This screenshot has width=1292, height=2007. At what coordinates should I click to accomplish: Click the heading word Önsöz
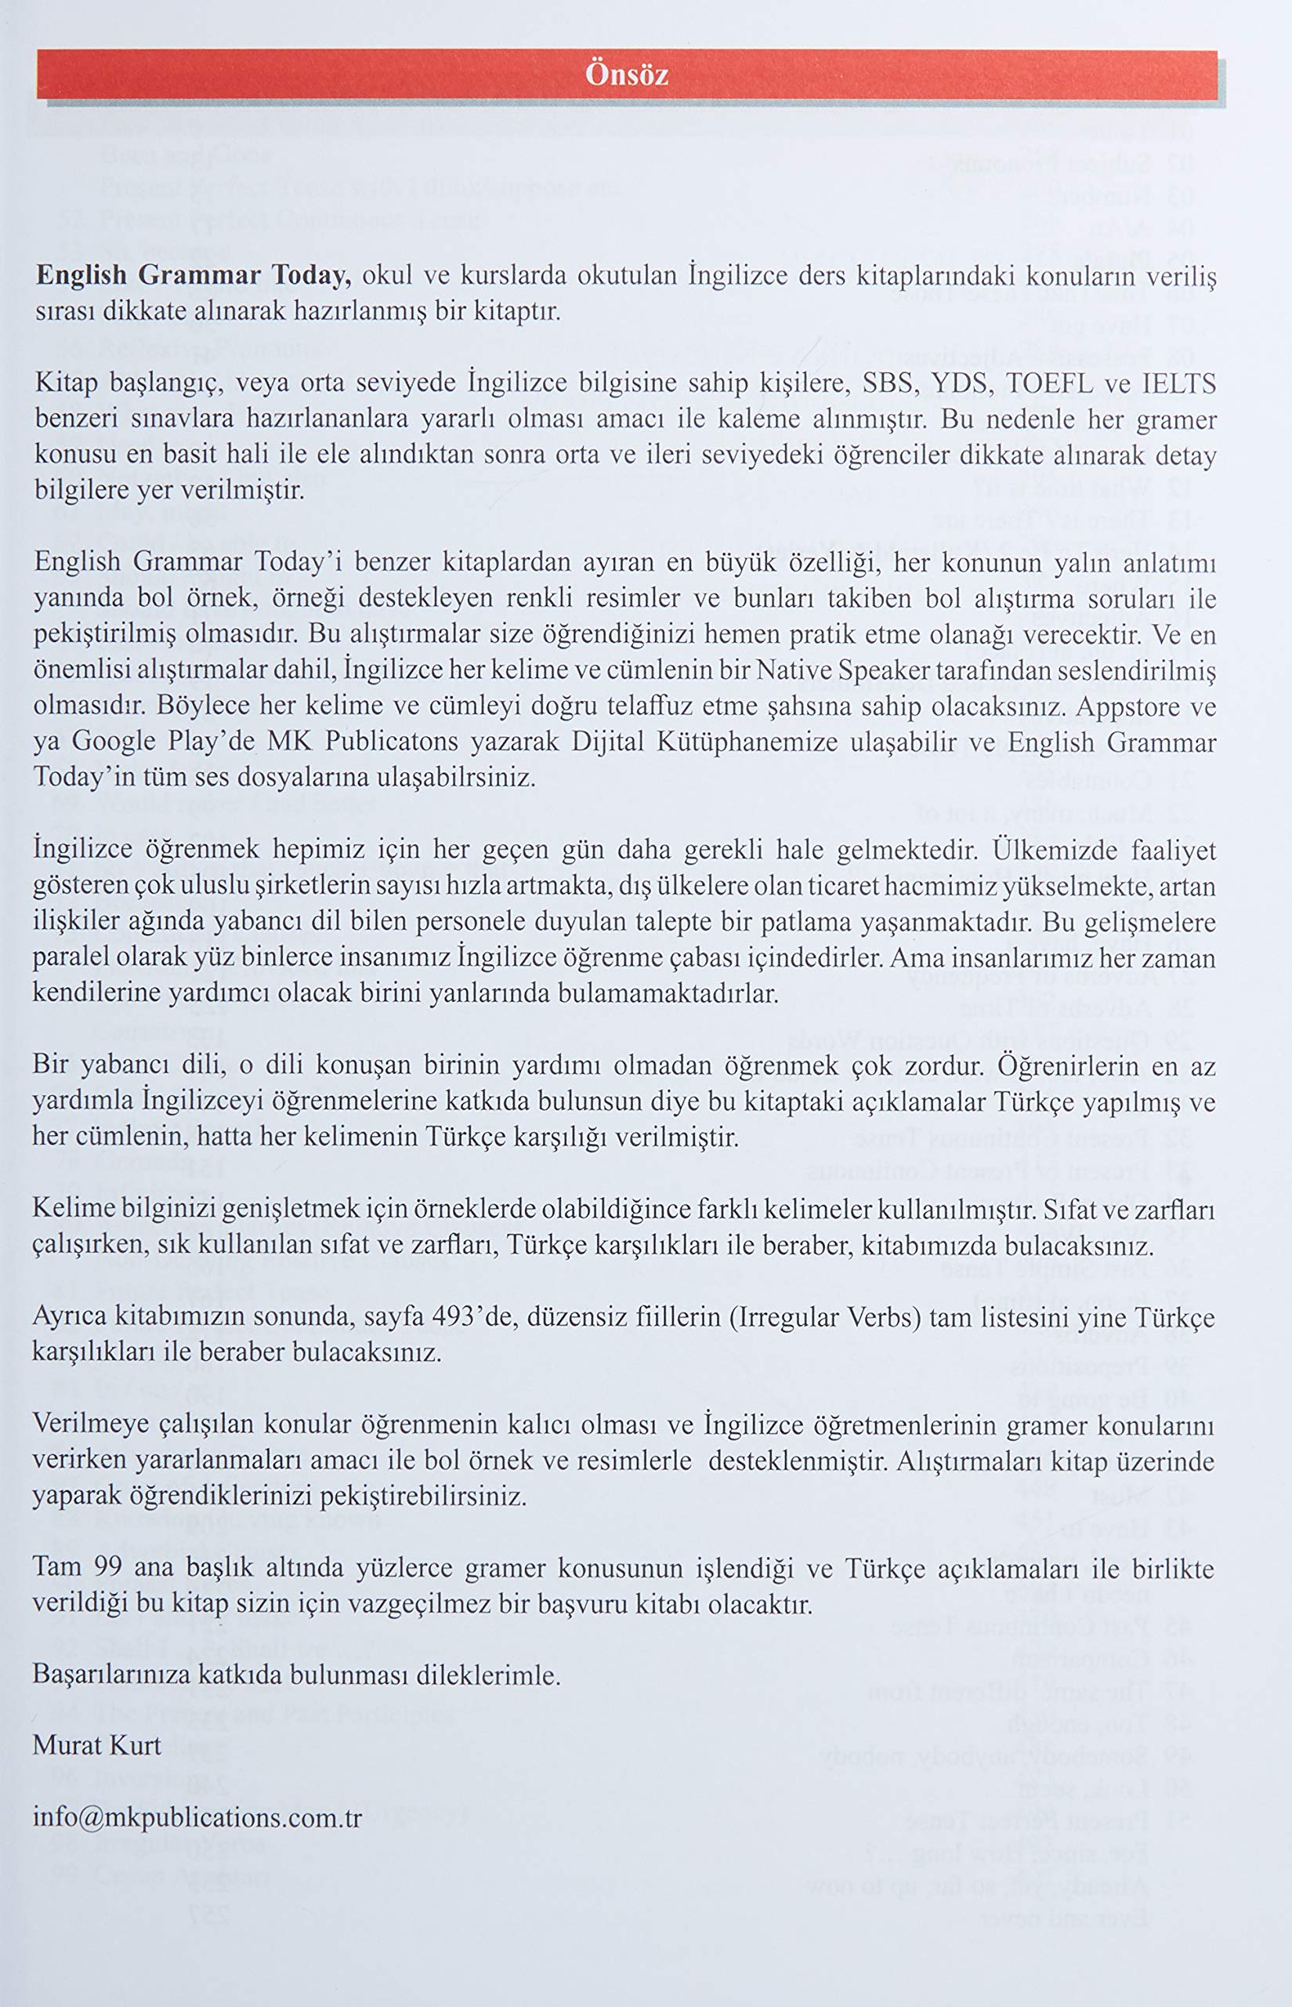[627, 75]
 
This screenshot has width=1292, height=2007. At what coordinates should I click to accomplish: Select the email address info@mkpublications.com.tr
[197, 1817]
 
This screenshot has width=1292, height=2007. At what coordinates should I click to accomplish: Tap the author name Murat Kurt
[96, 1746]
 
